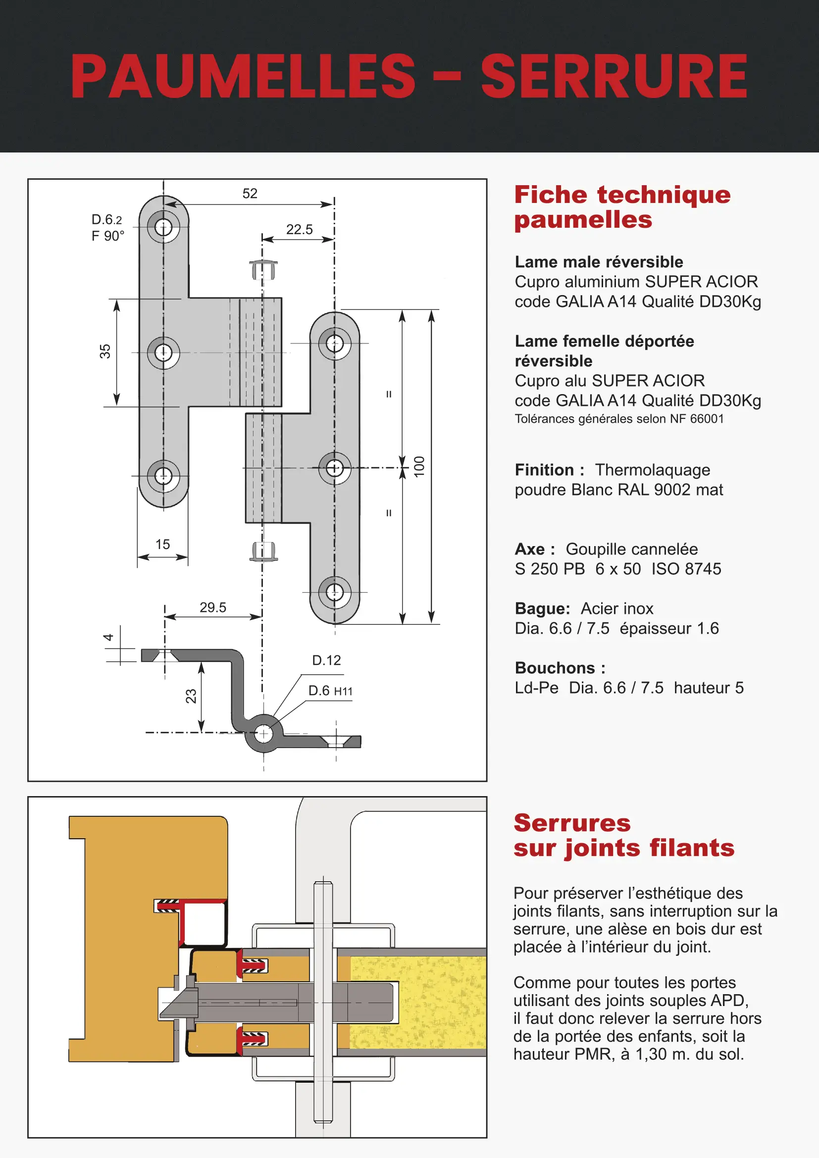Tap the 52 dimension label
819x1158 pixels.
click(250, 194)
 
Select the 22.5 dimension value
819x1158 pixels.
click(299, 230)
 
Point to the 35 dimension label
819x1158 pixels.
click(105, 351)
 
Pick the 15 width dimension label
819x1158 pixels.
click(162, 544)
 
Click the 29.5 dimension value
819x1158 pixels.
click(213, 607)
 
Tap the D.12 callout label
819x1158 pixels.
click(326, 660)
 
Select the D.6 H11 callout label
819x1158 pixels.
click(330, 691)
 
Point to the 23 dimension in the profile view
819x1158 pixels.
click(191, 696)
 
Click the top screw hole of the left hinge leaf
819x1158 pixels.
click(163, 227)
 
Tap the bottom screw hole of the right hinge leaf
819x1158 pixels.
click(334, 592)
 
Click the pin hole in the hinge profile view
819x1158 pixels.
click(263, 733)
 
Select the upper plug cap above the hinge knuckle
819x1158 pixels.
click(263, 269)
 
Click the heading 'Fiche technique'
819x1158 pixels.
click(622, 195)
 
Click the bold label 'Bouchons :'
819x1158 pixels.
click(560, 668)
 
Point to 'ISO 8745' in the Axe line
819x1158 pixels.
click(686, 569)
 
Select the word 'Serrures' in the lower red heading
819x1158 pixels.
click(572, 823)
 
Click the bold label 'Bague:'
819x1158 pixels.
click(542, 609)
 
